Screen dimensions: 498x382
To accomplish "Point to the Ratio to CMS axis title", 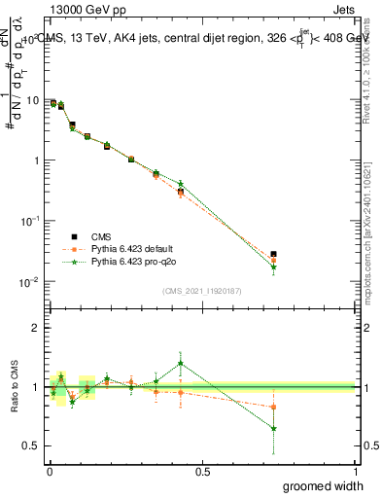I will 13,387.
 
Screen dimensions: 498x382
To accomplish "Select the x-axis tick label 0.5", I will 202,471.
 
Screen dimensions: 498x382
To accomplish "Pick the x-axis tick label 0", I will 49,471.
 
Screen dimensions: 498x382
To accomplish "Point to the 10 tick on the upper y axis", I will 32,100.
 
